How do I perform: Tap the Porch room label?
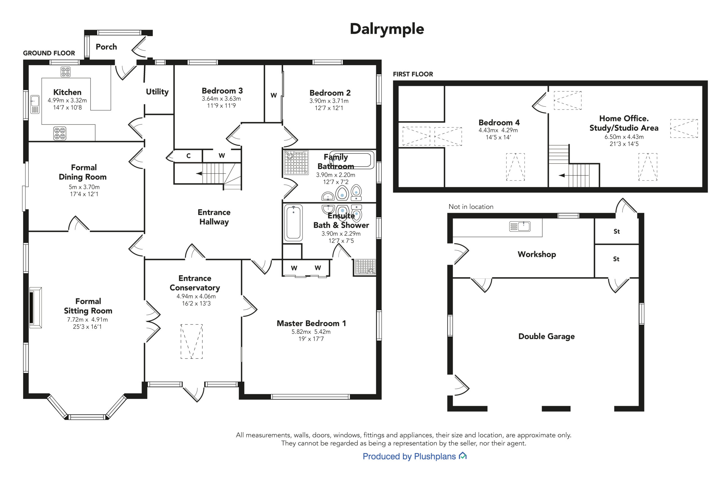click(106, 47)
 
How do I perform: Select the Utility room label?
click(157, 92)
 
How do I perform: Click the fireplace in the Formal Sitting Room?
click(35, 308)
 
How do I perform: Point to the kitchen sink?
click(35, 104)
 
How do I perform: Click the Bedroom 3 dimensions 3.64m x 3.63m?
click(221, 99)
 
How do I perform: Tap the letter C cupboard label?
click(188, 156)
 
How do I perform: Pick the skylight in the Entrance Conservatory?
click(192, 341)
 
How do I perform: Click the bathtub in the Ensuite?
click(293, 223)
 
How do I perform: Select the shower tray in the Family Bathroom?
click(296, 163)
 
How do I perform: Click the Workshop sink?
click(520, 226)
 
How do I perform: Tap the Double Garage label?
click(546, 336)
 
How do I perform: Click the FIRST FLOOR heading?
click(413, 74)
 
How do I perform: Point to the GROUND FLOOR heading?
click(49, 53)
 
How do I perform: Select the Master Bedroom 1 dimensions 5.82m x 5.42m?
click(311, 332)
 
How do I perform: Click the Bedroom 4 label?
click(499, 122)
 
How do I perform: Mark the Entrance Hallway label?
click(214, 217)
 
